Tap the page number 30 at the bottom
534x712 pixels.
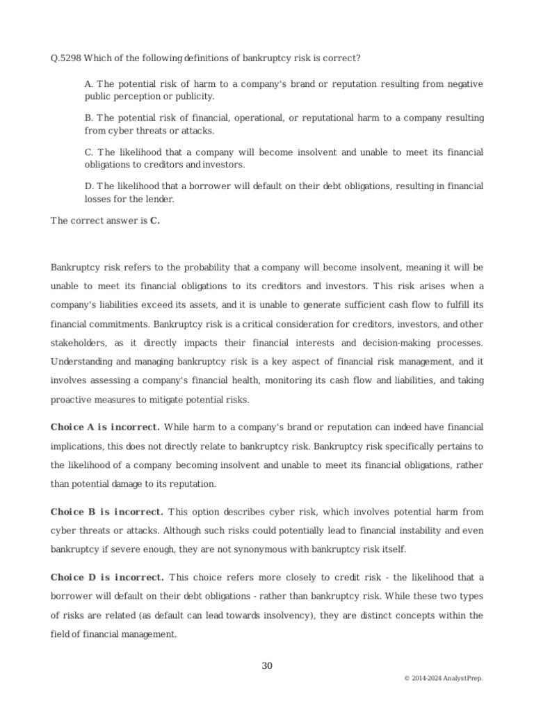coord(267,665)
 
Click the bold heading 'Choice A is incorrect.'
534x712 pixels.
coord(105,426)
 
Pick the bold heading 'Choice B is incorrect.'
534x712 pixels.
coord(106,512)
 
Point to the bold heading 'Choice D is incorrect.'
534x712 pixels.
coord(107,577)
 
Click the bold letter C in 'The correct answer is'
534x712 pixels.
coord(154,221)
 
